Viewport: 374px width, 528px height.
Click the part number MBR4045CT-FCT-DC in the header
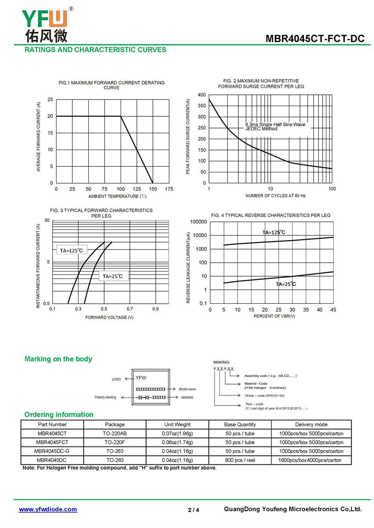315,39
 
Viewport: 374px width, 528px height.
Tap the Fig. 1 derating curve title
112,85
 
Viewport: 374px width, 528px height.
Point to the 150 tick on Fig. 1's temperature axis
153,189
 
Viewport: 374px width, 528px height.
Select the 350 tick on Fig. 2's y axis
202,106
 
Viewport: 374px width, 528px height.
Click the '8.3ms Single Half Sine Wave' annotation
275,124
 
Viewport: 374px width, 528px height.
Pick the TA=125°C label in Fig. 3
71,250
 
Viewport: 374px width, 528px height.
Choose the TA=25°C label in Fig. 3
113,276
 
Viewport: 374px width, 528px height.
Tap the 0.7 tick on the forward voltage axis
129,309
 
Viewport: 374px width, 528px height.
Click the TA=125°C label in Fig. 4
273,232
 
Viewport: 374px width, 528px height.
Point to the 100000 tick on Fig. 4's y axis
199,221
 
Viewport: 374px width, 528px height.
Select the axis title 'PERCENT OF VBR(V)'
274,316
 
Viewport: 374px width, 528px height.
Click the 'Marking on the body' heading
58,359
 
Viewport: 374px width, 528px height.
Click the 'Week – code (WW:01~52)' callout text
265,396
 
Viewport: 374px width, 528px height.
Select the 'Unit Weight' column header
177,425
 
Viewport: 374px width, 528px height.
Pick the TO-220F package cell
115,442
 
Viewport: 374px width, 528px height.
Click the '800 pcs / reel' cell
240,460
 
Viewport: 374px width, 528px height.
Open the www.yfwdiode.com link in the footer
48,509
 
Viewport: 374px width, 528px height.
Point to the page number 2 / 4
194,510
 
